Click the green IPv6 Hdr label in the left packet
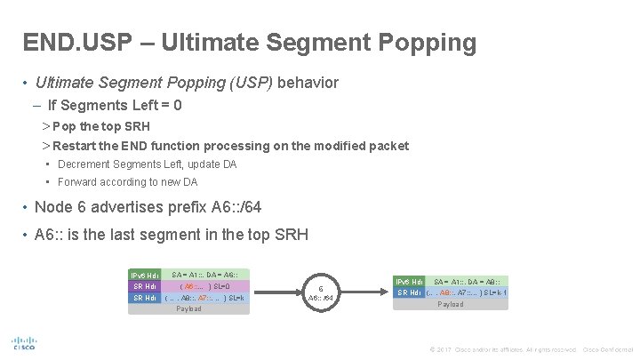(x=146, y=275)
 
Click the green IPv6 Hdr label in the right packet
(x=412, y=281)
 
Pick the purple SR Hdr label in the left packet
(x=146, y=286)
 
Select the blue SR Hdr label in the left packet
(x=146, y=298)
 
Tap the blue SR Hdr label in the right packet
(x=412, y=292)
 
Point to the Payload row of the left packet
(x=188, y=309)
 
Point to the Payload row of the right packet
(x=451, y=304)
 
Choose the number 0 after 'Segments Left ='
(x=179, y=105)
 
